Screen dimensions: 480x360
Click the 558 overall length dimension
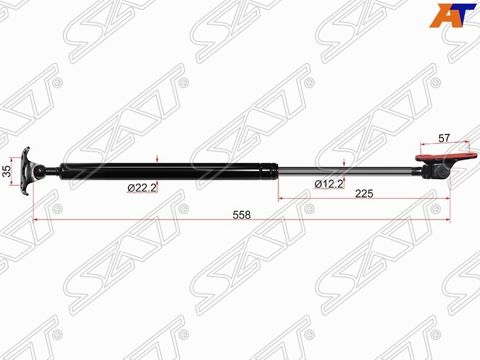[242, 215]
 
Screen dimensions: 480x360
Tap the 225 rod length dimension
[364, 193]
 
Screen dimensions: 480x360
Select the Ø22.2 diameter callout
[142, 187]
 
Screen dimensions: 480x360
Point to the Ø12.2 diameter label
[329, 184]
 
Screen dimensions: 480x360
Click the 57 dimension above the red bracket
[444, 138]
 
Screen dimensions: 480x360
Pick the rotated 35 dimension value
[7, 171]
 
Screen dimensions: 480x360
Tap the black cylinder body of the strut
[169, 172]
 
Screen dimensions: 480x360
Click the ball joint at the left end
[40, 172]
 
